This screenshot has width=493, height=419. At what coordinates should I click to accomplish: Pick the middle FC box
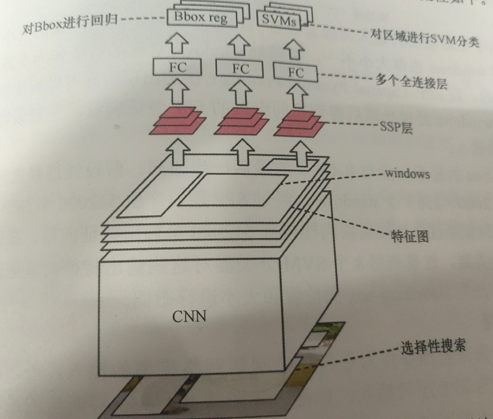point(240,69)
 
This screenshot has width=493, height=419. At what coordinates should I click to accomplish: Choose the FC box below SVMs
point(296,73)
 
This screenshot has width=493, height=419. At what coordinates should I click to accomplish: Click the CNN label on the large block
point(189,317)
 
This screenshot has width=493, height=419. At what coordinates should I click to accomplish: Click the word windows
point(407,174)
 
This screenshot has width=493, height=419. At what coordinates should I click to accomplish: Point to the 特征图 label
point(410,236)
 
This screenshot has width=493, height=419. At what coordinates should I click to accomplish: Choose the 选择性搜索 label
point(433,347)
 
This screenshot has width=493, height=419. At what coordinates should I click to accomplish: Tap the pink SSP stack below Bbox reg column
point(178,121)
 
